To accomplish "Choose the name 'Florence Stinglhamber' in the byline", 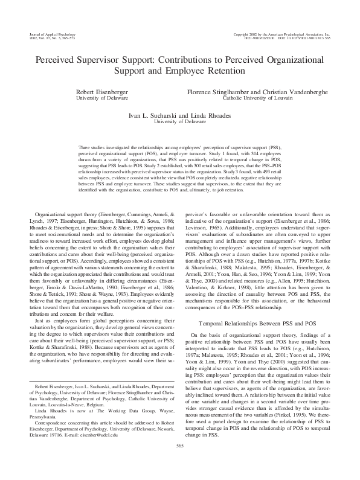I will point(220,90).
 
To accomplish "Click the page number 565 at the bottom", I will point(179,462).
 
